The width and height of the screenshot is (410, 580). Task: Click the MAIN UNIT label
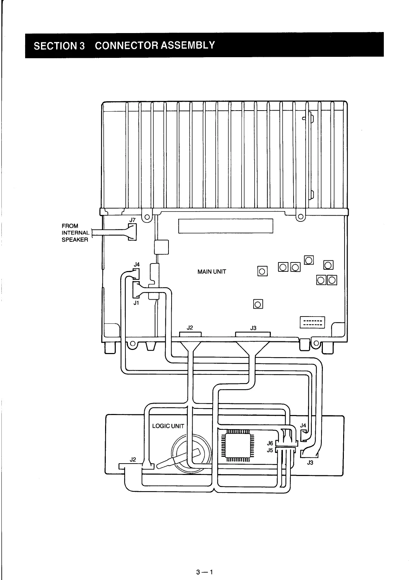pyautogui.click(x=212, y=272)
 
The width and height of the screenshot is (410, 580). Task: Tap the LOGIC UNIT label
pyautogui.click(x=168, y=426)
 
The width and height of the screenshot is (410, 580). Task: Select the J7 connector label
pyautogui.click(x=133, y=220)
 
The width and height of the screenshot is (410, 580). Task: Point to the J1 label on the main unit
pyautogui.click(x=136, y=303)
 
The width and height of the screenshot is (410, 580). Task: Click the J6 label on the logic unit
pyautogui.click(x=270, y=443)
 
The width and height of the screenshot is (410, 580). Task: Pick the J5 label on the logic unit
pyautogui.click(x=270, y=450)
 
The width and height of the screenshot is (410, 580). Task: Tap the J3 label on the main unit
pyautogui.click(x=253, y=328)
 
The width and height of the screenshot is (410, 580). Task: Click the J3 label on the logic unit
pyautogui.click(x=310, y=463)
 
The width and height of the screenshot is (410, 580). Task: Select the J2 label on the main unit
pyautogui.click(x=189, y=328)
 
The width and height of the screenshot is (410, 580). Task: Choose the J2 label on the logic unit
pyautogui.click(x=133, y=459)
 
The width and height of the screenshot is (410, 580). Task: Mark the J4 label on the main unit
pyautogui.click(x=137, y=265)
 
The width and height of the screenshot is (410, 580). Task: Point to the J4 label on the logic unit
pyautogui.click(x=303, y=426)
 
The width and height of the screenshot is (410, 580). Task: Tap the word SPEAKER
pyautogui.click(x=75, y=240)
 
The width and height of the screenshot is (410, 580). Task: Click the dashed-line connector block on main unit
pyautogui.click(x=312, y=322)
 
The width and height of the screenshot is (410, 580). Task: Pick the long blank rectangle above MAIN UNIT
pyautogui.click(x=226, y=226)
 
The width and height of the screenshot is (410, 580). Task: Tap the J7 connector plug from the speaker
pyautogui.click(x=132, y=232)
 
